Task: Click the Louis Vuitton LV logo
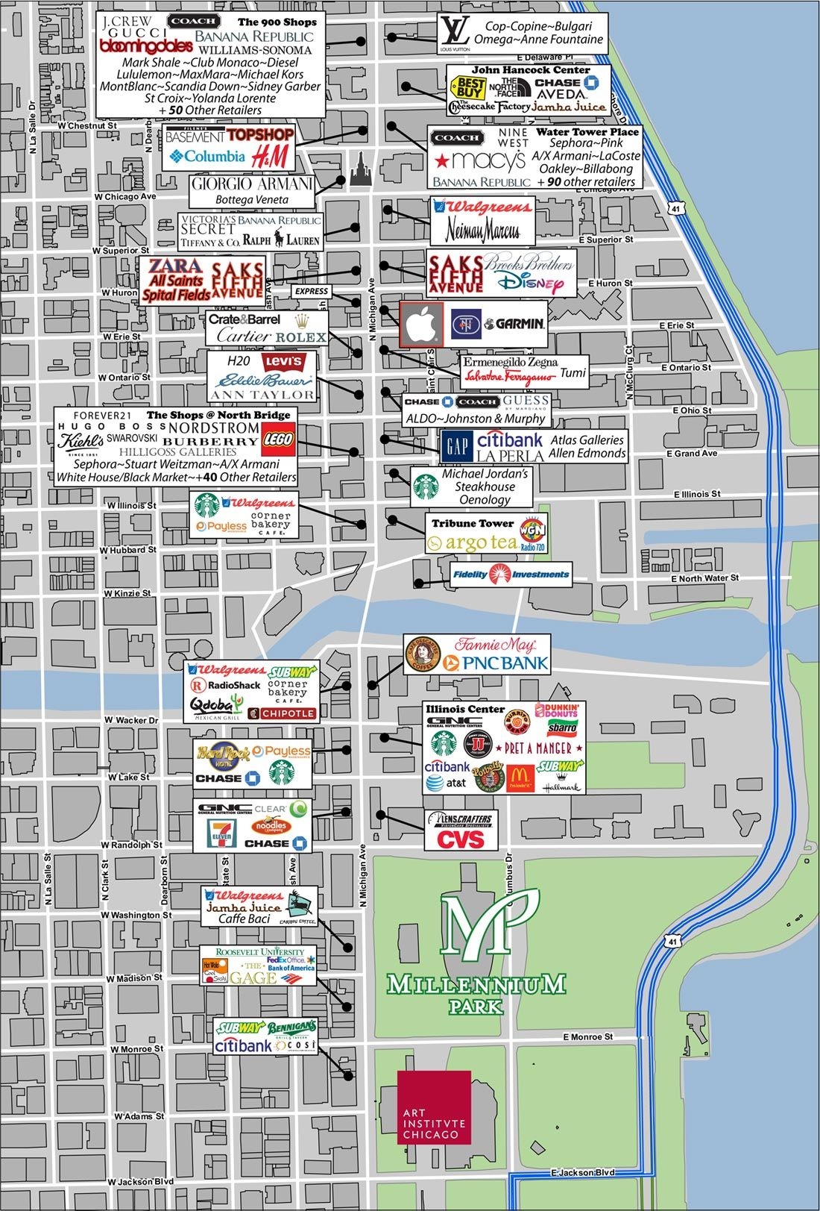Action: tap(453, 33)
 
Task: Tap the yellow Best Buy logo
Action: tap(471, 89)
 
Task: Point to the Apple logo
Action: tap(422, 325)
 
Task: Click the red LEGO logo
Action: tap(279, 439)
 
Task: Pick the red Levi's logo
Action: tap(286, 362)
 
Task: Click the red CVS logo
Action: tap(461, 839)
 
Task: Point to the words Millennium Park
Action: tap(476, 992)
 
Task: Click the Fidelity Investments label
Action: tap(511, 574)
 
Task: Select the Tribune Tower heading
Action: tap(473, 523)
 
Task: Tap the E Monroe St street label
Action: tap(588, 1036)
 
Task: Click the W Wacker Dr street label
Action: tap(132, 720)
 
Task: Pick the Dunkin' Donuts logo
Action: tap(556, 711)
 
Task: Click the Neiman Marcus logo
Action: tap(482, 232)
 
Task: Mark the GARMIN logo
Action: tap(514, 324)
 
